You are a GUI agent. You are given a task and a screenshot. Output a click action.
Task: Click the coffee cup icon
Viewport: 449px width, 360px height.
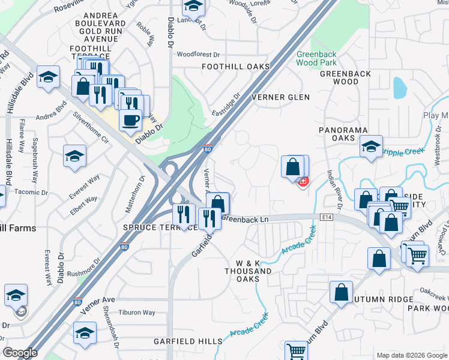(x=130, y=120)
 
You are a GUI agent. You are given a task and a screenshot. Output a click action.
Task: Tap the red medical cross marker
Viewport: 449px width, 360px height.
(x=304, y=181)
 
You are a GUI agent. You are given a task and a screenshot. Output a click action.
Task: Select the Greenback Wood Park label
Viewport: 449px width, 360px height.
(x=316, y=58)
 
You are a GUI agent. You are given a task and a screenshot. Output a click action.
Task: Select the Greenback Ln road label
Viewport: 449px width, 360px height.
(x=244, y=219)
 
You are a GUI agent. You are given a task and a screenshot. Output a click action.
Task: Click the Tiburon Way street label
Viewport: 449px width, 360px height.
(x=136, y=313)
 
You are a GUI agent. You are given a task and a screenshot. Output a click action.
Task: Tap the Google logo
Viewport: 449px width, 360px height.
(x=20, y=353)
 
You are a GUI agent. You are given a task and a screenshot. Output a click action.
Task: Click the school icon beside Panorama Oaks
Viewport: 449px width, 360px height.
(x=372, y=146)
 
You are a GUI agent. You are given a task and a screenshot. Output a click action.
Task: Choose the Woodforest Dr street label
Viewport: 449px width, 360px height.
(x=196, y=54)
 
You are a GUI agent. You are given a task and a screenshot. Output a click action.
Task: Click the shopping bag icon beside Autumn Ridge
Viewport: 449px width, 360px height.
(x=341, y=294)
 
